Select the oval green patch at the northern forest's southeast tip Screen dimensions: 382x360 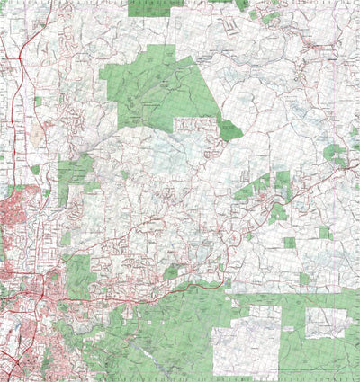coord(231,131)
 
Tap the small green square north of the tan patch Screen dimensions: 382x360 coord(38,102)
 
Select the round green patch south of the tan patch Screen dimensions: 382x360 coord(35,170)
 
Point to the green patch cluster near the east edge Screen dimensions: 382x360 coord(336,155)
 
